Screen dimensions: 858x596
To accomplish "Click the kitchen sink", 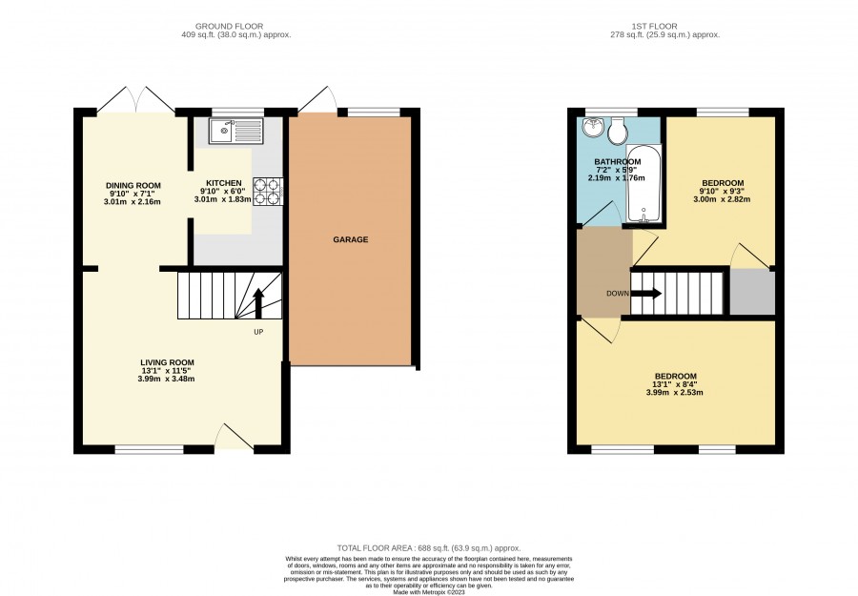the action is (235, 131).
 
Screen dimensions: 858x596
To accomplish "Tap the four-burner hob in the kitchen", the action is (268, 192).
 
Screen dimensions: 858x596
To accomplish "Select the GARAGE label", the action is (351, 239).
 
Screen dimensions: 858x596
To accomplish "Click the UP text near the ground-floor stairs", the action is (258, 332).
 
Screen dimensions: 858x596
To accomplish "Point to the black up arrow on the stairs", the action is (258, 302).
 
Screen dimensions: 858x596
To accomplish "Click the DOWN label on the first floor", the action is (617, 294).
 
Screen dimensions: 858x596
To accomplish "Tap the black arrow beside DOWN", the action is (646, 294).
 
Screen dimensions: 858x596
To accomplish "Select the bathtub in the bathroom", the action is (643, 183).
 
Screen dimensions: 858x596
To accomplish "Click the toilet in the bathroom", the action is (619, 130).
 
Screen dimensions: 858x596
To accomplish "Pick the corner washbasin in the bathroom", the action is (592, 127).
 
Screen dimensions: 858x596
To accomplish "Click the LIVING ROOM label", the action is (167, 362).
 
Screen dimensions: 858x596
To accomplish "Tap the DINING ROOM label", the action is (133, 186).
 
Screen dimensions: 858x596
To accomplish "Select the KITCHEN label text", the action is (223, 183).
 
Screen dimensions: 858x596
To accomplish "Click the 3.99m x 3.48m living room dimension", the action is (166, 379).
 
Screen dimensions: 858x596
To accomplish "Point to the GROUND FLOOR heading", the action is (229, 26).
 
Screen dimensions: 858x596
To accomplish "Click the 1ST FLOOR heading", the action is (654, 26).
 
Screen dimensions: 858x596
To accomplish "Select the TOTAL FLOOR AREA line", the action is (429, 547).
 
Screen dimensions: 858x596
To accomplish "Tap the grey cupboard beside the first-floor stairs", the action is (752, 292).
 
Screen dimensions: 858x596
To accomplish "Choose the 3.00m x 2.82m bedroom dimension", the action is (722, 199).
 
